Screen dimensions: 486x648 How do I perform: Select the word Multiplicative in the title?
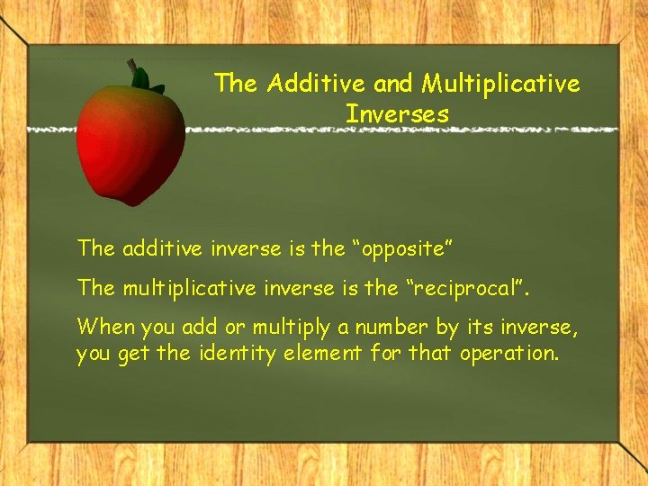(x=501, y=84)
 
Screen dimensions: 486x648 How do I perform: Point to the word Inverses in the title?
(x=397, y=114)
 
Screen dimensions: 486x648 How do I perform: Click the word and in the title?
(x=392, y=84)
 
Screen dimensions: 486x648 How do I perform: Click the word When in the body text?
(x=103, y=325)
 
